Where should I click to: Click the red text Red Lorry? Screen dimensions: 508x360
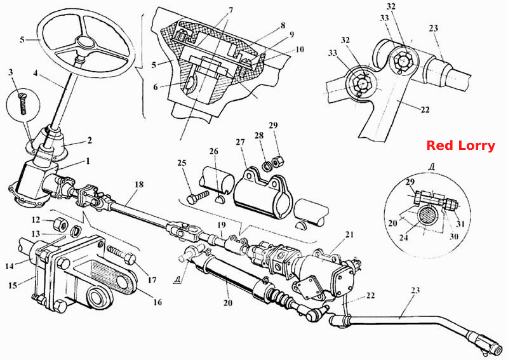coord(460,145)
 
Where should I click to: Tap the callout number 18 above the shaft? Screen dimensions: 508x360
coord(139,185)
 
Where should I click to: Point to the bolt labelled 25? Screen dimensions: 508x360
coord(197,197)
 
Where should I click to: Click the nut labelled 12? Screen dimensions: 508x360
coord(60,223)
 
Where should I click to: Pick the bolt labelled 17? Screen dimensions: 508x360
coord(121,254)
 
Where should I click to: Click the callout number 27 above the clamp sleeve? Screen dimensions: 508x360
coord(240,142)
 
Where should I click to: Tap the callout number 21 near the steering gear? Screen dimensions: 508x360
coord(349,234)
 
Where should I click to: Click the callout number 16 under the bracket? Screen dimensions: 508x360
coord(157,302)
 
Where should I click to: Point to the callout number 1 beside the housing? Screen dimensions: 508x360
coord(88,161)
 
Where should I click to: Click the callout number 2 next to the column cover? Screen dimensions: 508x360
coord(90,140)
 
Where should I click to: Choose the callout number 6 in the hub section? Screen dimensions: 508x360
coord(156,87)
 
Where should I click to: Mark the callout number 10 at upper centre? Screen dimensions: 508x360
coord(300,50)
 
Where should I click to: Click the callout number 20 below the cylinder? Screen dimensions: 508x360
coord(228,303)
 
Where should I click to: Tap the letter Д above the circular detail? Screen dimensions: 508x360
coord(431,166)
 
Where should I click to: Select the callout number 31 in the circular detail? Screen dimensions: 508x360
coord(460,223)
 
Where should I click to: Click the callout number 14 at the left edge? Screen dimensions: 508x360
coord(10,267)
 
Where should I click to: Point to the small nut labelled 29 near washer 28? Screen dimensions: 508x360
coord(277,161)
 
